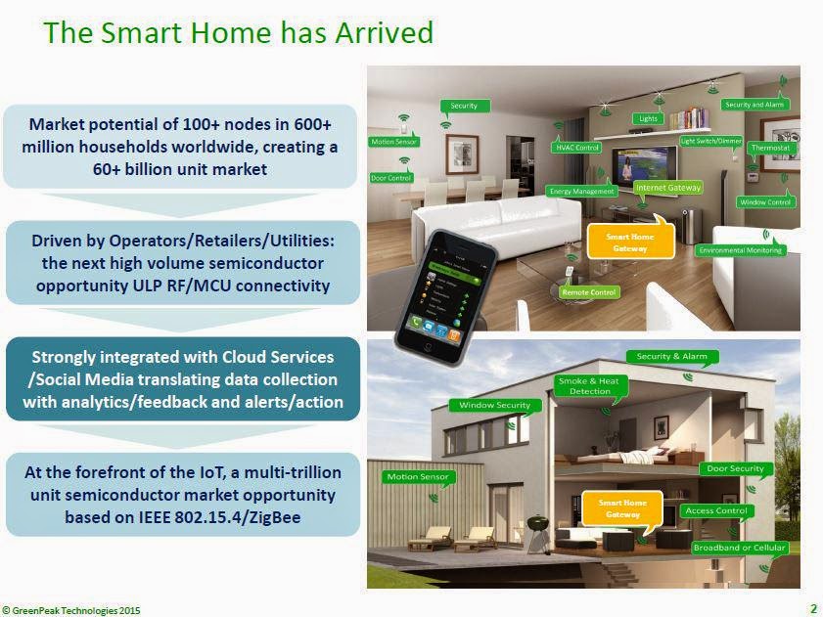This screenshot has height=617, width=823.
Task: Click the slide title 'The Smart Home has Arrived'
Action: [239, 32]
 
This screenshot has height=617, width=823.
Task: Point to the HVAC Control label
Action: [576, 148]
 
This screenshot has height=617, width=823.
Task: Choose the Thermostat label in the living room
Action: [769, 148]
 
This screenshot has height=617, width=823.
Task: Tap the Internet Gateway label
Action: [667, 186]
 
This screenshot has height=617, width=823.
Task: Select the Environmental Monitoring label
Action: [741, 250]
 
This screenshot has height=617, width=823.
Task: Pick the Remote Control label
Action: [588, 291]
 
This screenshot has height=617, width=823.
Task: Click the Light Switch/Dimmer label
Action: [711, 141]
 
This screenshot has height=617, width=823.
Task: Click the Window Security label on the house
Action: [494, 405]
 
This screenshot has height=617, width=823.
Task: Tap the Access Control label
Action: [716, 510]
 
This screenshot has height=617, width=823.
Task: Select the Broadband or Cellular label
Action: [739, 548]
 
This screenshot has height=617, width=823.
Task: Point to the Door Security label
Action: [736, 469]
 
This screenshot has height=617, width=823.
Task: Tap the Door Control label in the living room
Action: [391, 178]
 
